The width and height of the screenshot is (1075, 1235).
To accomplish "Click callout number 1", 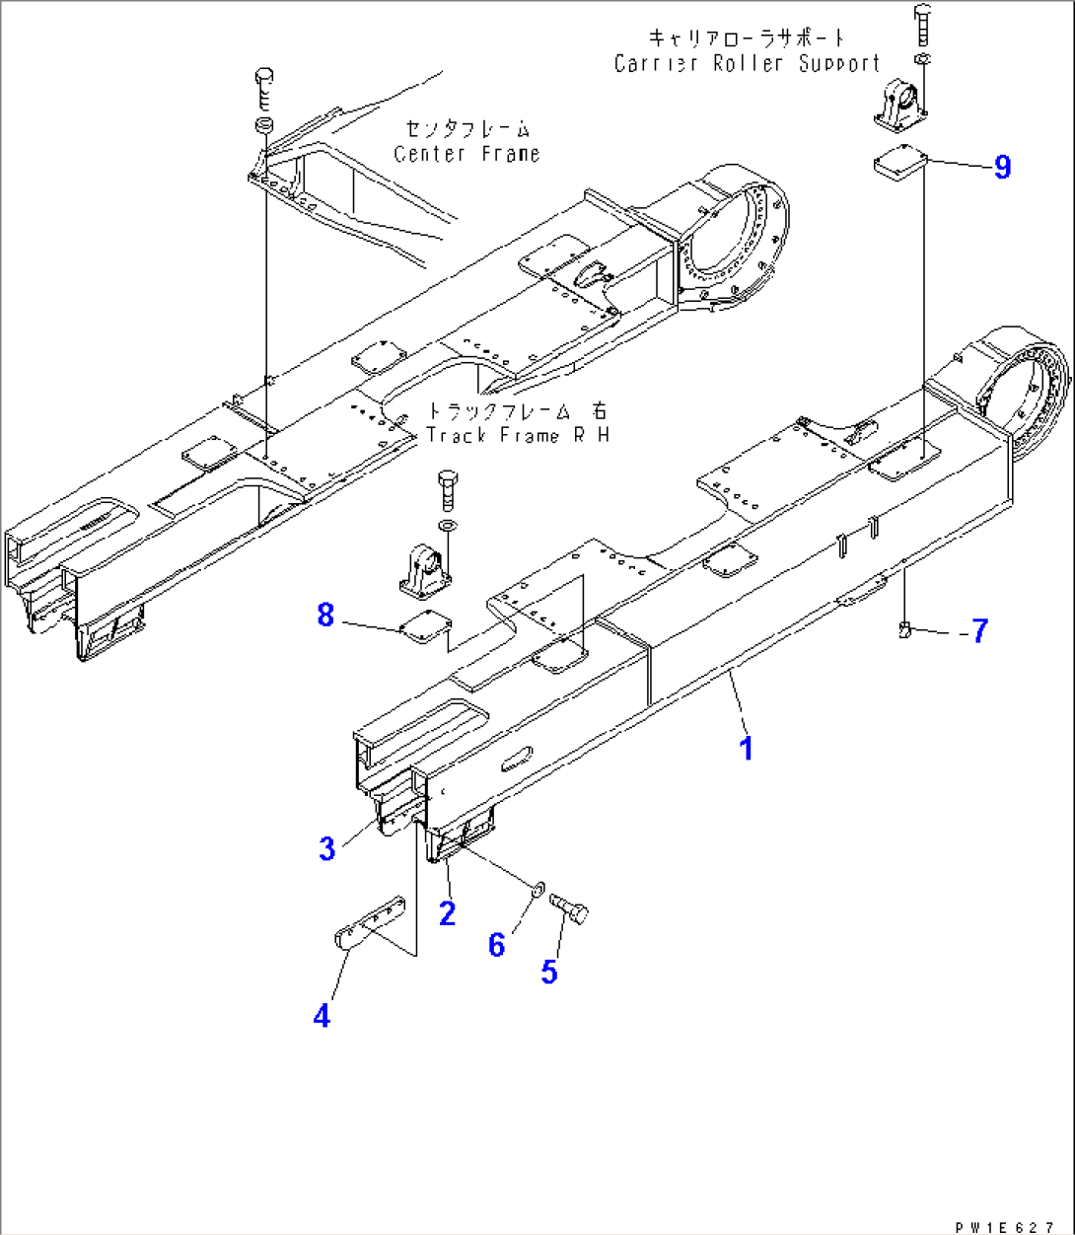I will pos(747,748).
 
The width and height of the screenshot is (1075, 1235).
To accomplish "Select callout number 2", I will pos(447,912).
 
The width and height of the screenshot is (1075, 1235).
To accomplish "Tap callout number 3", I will pos(327,847).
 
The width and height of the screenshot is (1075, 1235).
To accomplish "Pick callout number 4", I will pos(322,1015).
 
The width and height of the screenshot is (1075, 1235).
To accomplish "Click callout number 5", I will pos(549,971).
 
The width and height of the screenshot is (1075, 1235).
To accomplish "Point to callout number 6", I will pos(497,945).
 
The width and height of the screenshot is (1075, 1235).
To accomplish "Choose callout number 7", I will pos(978,630).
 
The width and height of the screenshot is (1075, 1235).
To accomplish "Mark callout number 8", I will pos(325,616).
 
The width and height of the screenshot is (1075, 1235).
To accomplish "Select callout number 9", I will pos(1002,167).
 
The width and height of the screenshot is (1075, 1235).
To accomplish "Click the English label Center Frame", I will pos(466,154).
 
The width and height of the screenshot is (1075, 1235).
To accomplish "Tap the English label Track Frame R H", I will pos(517,435).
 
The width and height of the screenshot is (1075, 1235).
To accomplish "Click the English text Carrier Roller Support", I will pos(747,64).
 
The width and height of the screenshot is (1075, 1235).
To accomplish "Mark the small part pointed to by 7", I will pos(904,629).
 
